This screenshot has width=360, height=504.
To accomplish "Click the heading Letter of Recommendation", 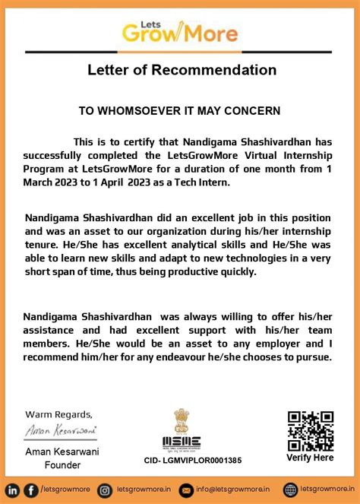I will [180, 71].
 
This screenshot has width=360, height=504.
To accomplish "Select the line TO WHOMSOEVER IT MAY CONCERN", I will [180, 110].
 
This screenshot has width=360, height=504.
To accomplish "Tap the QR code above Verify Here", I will [310, 431].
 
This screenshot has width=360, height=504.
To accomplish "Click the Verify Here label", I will [310, 458].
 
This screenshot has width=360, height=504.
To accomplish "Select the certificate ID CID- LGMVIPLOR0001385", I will [193, 460].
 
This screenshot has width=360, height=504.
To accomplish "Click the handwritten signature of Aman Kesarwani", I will [58, 430].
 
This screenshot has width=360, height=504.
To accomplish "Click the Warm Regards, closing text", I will [59, 414].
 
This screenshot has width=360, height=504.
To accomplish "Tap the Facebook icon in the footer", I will [30, 490].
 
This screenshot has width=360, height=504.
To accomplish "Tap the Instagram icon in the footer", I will [106, 490].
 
